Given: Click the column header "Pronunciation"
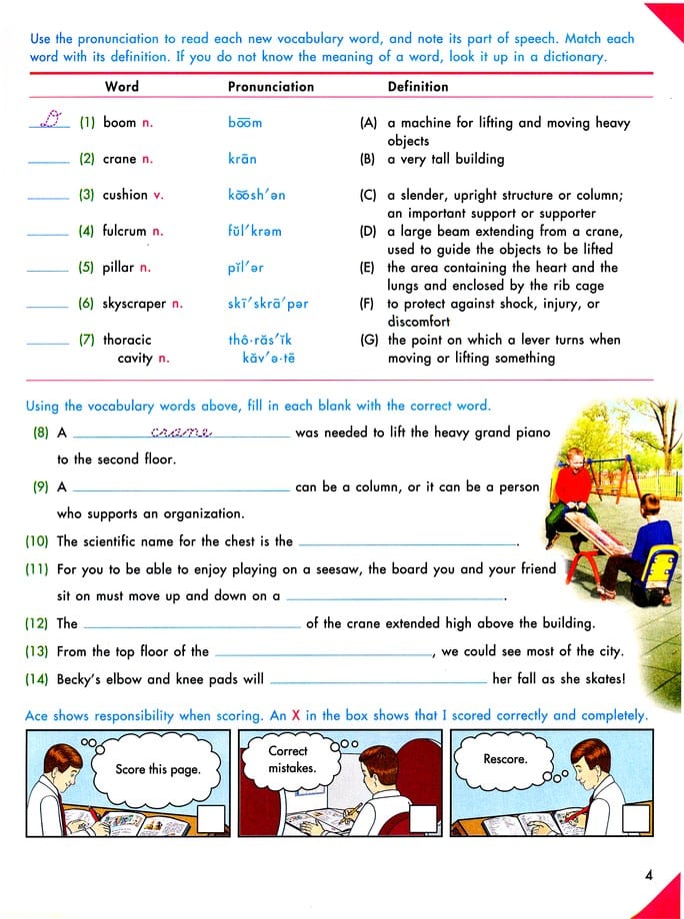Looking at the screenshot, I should (x=270, y=87).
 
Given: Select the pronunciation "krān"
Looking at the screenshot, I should (x=242, y=159).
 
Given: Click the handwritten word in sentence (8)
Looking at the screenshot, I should (x=181, y=433).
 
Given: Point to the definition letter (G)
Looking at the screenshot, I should (x=368, y=340).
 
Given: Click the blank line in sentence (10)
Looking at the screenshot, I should (x=408, y=543).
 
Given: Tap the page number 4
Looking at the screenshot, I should (x=649, y=876).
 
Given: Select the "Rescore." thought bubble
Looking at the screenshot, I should (x=505, y=760).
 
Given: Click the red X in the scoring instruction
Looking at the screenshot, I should (x=296, y=715).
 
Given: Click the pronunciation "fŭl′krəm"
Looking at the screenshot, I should (x=254, y=232).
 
